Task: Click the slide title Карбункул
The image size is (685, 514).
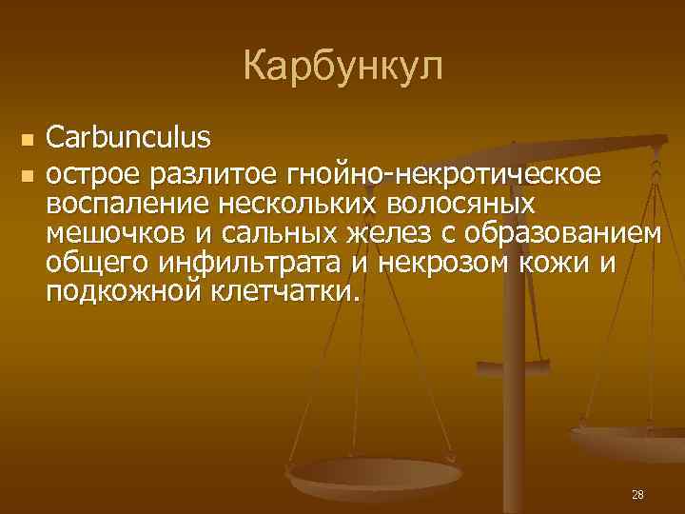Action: (342, 67)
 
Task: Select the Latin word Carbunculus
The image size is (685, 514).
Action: (129, 139)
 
